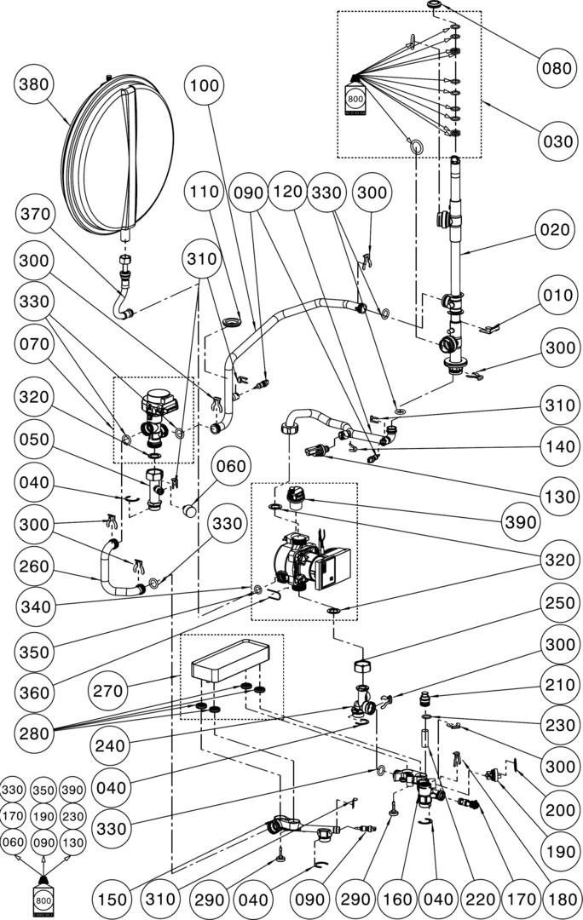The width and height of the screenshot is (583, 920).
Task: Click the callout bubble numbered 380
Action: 36,85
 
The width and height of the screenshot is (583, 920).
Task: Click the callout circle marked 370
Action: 36,212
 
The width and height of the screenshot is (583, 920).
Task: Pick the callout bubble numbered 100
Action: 205,85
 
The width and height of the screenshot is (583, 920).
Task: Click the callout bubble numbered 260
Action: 36,566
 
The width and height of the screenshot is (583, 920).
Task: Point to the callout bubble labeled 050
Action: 36,440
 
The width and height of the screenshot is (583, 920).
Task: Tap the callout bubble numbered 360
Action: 36,693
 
